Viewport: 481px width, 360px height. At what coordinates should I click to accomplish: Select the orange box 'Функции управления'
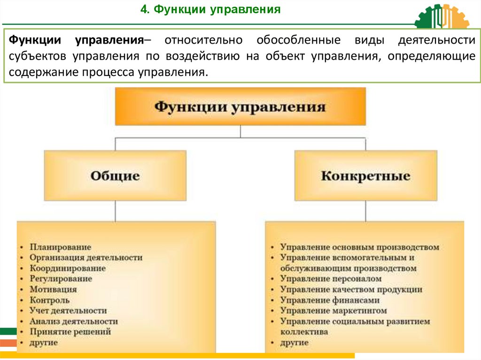[240, 107]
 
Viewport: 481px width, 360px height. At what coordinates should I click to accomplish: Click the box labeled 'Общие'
[115, 176]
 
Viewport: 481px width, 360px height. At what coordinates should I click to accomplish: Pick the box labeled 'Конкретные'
[365, 176]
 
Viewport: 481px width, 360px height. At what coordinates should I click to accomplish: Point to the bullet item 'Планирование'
[61, 247]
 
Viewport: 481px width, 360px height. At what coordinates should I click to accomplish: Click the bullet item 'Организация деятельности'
[86, 258]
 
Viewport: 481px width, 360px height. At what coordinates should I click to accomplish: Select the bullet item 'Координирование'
[68, 268]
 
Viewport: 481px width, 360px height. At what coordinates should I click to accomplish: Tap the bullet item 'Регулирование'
[61, 279]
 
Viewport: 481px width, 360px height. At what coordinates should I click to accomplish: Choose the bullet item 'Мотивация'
[53, 290]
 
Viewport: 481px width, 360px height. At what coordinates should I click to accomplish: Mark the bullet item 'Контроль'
[50, 300]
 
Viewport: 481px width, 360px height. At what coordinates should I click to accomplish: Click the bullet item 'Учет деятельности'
[68, 311]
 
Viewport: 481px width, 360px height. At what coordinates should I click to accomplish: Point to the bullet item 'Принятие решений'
[70, 332]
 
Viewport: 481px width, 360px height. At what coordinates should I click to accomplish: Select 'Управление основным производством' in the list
[359, 247]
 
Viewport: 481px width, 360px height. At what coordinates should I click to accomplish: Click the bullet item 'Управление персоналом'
[331, 279]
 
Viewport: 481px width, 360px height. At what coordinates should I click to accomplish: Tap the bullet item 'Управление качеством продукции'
[351, 290]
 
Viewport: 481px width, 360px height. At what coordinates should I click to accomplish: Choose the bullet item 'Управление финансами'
[330, 300]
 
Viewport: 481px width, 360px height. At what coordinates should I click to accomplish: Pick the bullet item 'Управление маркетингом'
[334, 311]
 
